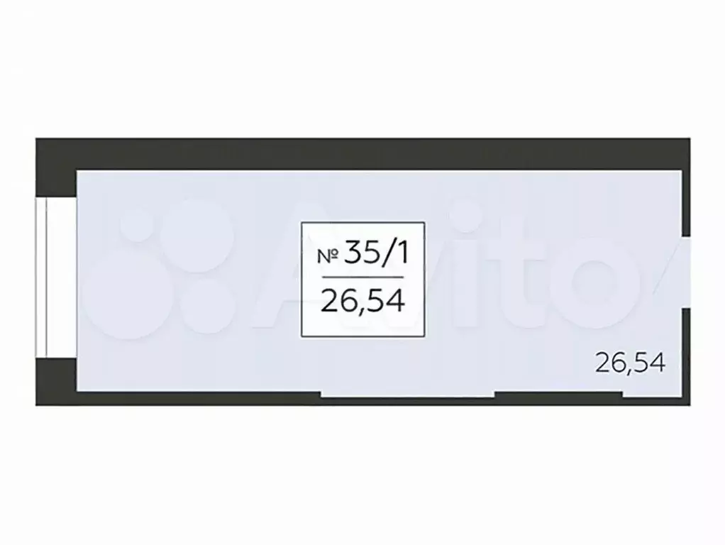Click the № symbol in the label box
328,256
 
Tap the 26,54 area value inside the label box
363,301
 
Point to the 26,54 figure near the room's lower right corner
630,362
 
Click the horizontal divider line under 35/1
362,277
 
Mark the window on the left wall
56,277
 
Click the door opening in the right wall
686,273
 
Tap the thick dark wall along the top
363,154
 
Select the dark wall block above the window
56,168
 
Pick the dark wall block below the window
56,382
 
